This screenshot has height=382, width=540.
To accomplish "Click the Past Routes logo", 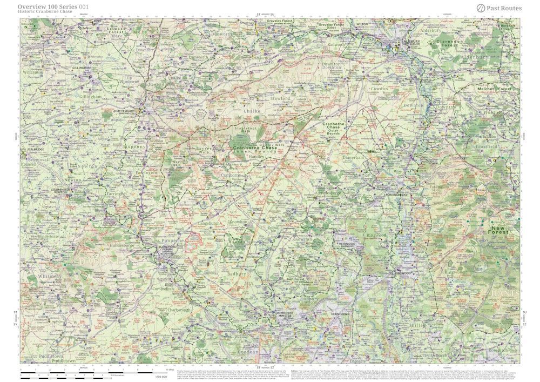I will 499,8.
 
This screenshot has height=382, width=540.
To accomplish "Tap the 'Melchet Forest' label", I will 482,88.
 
